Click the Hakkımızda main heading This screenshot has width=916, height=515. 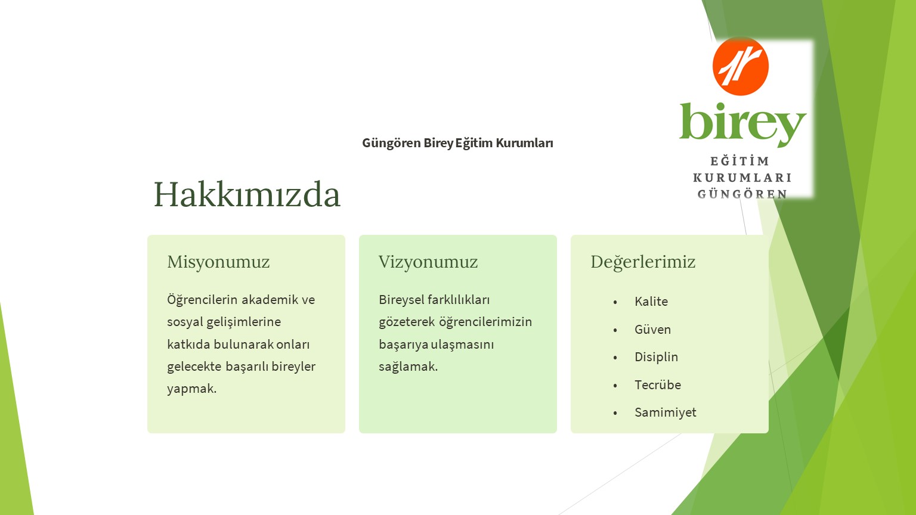click(247, 194)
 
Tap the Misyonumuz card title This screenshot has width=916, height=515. click(218, 262)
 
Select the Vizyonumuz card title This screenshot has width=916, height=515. click(428, 262)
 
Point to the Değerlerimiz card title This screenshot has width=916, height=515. click(643, 262)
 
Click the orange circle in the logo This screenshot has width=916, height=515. click(741, 66)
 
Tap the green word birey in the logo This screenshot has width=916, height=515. click(742, 124)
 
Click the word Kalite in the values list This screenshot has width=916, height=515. click(651, 302)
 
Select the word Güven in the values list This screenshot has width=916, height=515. click(652, 330)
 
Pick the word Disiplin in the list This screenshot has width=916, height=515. click(657, 357)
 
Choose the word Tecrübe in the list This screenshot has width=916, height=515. click(658, 385)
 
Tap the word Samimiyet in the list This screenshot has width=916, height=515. click(666, 413)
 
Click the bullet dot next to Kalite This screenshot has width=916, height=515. click(615, 302)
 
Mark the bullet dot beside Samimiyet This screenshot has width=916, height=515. click(615, 413)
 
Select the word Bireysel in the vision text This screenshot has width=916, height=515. click(401, 300)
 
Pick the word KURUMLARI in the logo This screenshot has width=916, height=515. click(742, 178)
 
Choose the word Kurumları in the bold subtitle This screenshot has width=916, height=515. click(524, 143)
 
